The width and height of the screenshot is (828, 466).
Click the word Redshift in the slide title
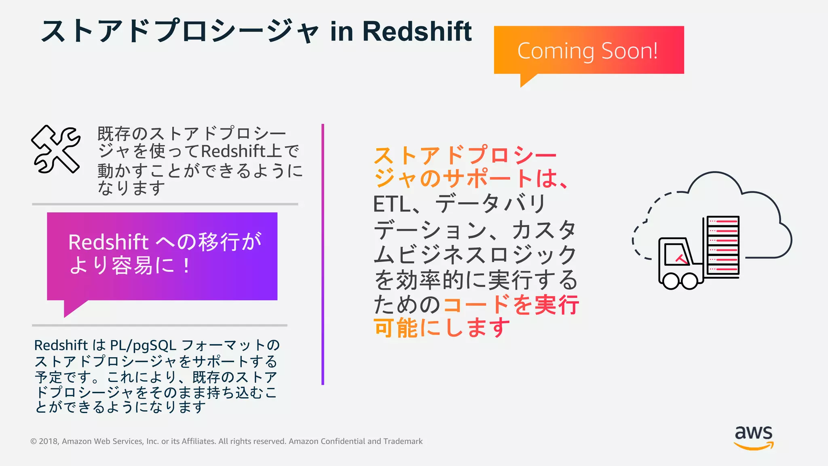pos(417,31)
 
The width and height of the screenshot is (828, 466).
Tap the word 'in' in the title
pos(341,31)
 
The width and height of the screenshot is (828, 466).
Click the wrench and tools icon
pos(56,149)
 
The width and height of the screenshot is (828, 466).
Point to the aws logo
pos(754,437)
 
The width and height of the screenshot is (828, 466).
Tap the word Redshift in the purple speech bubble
pos(108,242)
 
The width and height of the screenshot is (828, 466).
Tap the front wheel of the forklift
pos(671,281)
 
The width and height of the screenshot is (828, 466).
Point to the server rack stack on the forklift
pos(723,246)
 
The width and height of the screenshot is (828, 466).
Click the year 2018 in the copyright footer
pos(49,441)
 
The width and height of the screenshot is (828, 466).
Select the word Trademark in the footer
pos(403,441)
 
